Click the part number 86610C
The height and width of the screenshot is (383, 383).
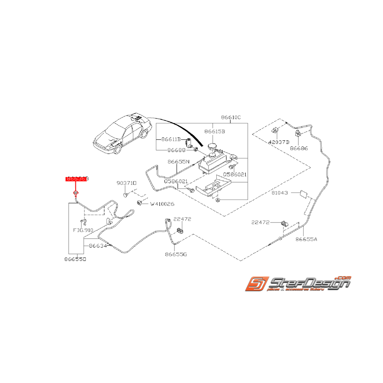click(x=231, y=118)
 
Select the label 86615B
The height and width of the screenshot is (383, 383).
click(x=215, y=132)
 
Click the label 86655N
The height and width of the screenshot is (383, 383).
click(x=178, y=162)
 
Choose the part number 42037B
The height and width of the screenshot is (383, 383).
click(x=279, y=142)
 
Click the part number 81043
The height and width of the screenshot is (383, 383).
click(x=280, y=193)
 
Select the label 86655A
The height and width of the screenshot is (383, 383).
click(x=306, y=239)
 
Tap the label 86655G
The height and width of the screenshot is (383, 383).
click(x=176, y=254)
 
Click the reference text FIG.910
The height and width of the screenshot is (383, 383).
click(x=84, y=230)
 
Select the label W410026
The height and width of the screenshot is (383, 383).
click(x=162, y=204)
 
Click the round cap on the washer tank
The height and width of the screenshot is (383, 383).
click(x=213, y=147)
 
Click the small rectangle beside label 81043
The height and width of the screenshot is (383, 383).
click(x=304, y=193)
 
